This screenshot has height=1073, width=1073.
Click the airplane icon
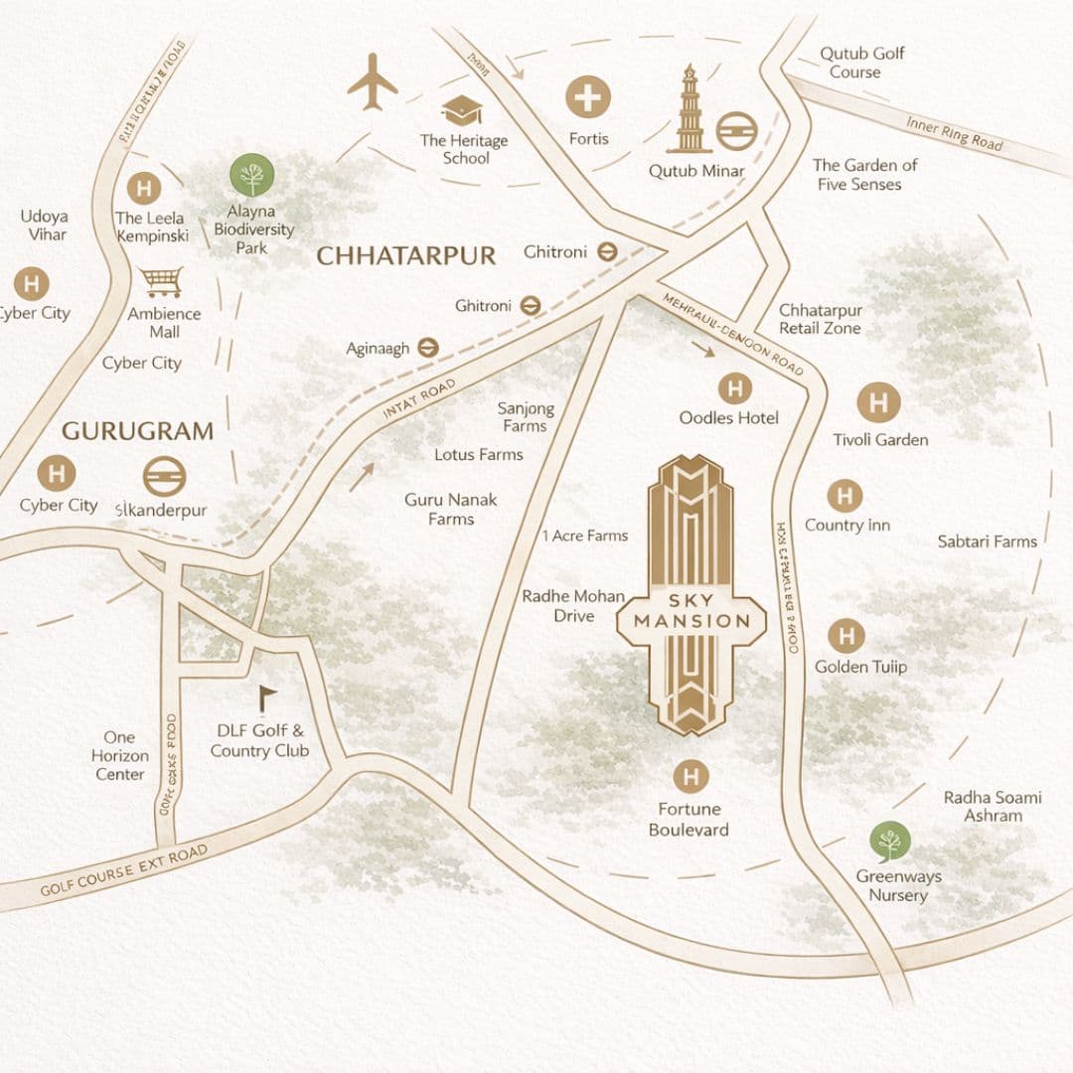pos(373,81)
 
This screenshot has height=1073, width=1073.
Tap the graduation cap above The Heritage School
pos(462,109)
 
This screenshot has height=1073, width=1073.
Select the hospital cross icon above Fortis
pos(588,97)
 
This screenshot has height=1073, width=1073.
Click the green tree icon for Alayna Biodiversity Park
pos(252,176)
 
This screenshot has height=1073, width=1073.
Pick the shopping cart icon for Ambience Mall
pos(161,282)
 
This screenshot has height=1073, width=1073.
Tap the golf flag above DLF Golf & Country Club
pos(265,699)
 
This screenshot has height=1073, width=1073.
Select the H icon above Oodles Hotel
pos(734,387)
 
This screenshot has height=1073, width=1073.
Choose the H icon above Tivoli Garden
pos(878,403)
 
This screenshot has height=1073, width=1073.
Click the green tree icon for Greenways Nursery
pos(890,843)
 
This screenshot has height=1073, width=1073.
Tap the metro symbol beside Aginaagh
pos(428,347)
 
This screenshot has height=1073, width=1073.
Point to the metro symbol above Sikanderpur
pos(164,476)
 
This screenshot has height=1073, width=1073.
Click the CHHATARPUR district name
pos(405,256)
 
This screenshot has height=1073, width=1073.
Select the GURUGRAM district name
pos(137,431)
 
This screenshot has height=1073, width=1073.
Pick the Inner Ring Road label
pos(954,133)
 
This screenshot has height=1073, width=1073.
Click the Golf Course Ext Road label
pos(124,869)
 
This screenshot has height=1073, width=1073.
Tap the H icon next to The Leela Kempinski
pos(144,189)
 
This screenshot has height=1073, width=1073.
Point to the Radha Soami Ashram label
pos(993,806)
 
